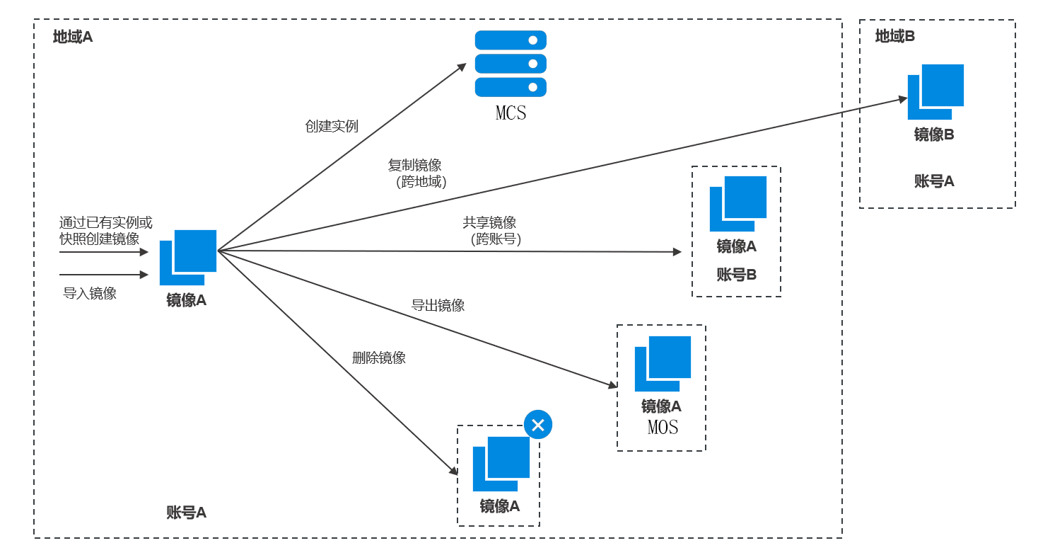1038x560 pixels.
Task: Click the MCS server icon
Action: pos(511,64)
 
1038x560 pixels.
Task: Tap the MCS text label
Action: pos(511,113)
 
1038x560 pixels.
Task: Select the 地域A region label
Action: pos(73,37)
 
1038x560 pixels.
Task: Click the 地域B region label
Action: pos(894,36)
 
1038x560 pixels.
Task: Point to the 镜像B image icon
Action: pos(935,91)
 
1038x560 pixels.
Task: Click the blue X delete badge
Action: pos(538,425)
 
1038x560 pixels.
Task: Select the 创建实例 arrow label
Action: pos(332,127)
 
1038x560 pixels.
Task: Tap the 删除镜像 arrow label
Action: pos(379,358)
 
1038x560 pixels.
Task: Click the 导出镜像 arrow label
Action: pos(438,306)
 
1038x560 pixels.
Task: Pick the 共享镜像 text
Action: pos(489,222)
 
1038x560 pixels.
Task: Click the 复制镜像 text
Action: pos(414,166)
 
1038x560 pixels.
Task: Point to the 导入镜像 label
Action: pos(90,293)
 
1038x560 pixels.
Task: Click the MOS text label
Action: pos(663,428)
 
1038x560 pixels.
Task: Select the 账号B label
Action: pos(736,275)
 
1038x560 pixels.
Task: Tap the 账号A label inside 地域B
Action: pos(934,181)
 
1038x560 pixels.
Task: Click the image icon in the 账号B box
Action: pos(738,203)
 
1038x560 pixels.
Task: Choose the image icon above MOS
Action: pos(663,363)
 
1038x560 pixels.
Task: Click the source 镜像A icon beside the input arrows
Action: pos(188,257)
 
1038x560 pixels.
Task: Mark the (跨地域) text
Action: pos(421,182)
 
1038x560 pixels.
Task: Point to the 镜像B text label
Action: pos(934,135)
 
